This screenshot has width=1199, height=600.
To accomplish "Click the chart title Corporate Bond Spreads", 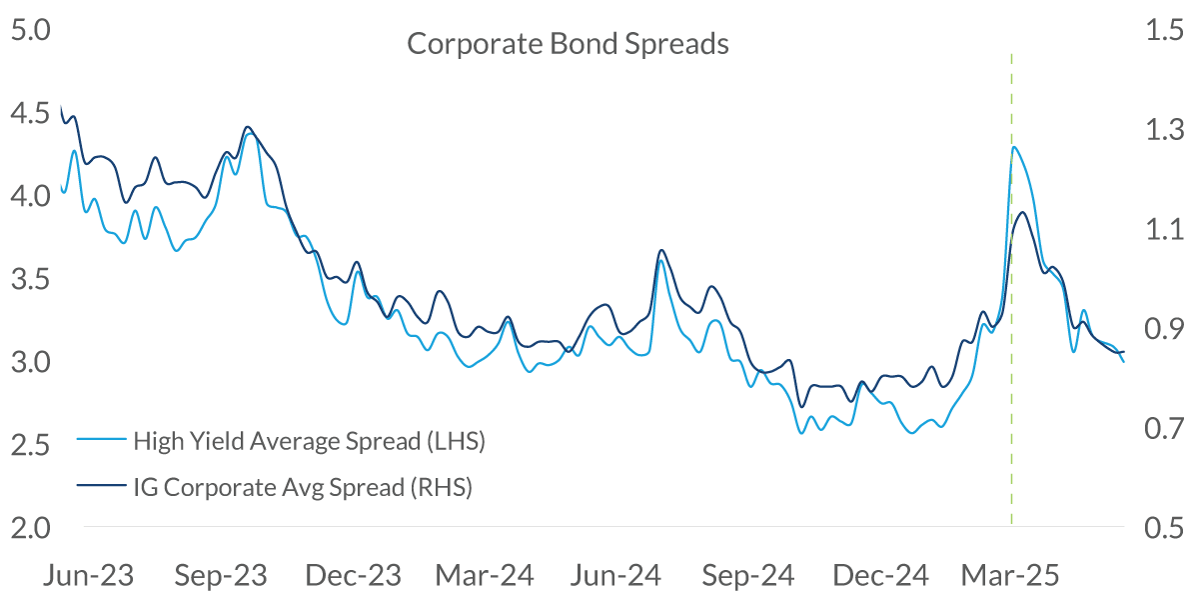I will (568, 45).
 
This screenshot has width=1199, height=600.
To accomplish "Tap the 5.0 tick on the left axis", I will (29, 31).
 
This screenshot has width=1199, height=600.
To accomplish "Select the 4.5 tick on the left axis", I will (29, 114).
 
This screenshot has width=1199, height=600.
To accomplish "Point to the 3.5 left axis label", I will (29, 279).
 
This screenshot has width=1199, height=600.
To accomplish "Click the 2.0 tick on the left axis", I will (29, 527).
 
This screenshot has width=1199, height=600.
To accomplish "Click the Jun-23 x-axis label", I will (91, 576).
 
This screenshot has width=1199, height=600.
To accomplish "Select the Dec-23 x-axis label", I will (352, 576).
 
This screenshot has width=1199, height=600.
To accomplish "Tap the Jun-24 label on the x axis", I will (615, 576).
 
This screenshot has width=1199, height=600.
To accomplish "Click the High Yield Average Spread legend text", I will (309, 441).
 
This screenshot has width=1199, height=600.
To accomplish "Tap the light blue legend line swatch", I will (101, 441).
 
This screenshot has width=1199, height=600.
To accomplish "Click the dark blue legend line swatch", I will (101, 487).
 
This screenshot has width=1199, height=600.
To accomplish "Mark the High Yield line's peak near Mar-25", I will (1014, 147).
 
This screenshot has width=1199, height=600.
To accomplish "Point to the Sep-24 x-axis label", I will (747, 576).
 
